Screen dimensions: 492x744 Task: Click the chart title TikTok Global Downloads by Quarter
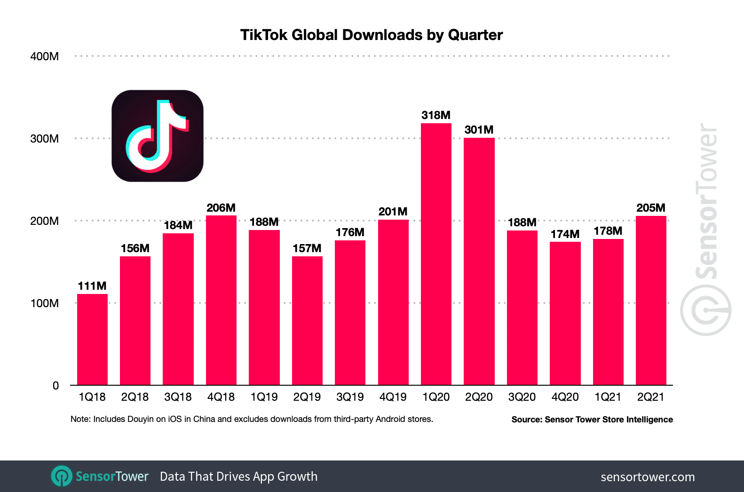[371, 35]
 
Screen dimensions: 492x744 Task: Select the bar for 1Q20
[436, 254]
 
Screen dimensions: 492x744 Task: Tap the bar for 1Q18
[92, 340]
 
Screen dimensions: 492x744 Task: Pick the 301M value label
[479, 130]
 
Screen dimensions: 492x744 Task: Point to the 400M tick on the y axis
[45, 56]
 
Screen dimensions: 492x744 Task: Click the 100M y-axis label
[45, 303]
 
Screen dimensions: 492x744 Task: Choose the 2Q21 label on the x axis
[650, 397]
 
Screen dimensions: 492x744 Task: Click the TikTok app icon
[158, 136]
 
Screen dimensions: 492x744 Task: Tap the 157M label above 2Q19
[307, 248]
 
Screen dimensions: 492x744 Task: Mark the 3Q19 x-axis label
[350, 397]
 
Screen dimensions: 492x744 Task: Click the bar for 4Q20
[565, 313]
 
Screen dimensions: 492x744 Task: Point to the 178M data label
[608, 231]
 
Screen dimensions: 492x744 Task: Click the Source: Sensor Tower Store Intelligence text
[592, 420]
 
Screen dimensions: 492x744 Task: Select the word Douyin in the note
[140, 419]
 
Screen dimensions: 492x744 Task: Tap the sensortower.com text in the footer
[647, 477]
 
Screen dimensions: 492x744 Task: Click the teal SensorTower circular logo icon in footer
[62, 476]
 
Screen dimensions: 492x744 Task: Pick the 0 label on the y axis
[55, 386]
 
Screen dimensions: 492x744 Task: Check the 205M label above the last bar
[650, 208]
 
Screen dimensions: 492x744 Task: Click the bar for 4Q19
[393, 302]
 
